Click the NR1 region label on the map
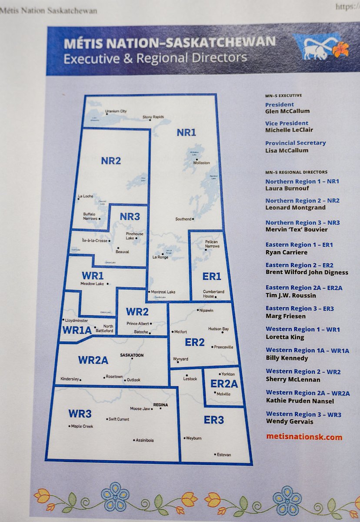186,133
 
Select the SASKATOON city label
132,355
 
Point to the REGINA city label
160,404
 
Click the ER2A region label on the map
224,384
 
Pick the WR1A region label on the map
77,330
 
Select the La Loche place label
86,196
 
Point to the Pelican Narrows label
211,244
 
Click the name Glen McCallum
287,111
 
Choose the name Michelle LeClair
289,130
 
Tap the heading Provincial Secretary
295,143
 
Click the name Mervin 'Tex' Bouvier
297,229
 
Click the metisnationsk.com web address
304,437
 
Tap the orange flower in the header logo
340,49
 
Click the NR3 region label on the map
130,217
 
